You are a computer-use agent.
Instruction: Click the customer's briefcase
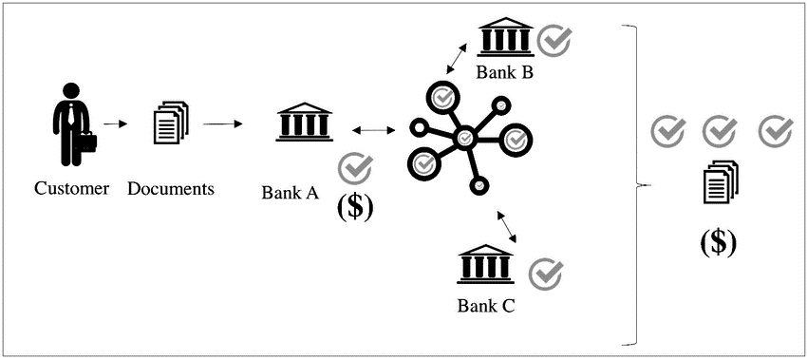(x=86, y=143)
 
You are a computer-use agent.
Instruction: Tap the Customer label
(x=72, y=188)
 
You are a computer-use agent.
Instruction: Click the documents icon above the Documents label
(x=171, y=123)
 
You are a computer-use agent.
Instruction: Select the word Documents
(x=171, y=188)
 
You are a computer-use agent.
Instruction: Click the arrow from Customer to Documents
(x=115, y=123)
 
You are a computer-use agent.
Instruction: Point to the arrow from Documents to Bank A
(x=224, y=123)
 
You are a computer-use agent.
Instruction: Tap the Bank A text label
(x=290, y=193)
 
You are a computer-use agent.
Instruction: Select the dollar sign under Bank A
(x=355, y=207)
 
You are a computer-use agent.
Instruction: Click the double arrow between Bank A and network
(x=372, y=128)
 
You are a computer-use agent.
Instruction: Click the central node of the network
(x=464, y=139)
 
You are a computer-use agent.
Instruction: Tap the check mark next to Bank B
(x=554, y=40)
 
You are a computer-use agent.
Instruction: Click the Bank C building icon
(x=485, y=264)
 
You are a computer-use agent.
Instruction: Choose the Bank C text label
(x=486, y=305)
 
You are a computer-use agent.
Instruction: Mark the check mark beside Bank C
(x=546, y=274)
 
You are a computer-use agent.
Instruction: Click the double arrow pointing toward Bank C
(x=506, y=225)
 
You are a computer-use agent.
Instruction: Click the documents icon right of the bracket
(x=721, y=182)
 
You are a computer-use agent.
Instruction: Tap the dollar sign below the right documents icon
(x=718, y=242)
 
